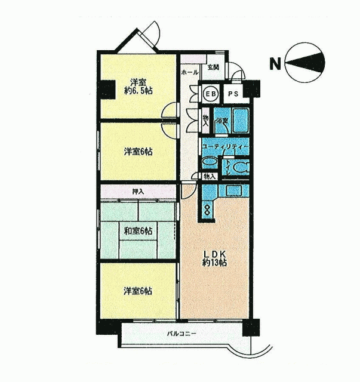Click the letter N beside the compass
[x=275, y=64]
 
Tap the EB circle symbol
[x=211, y=94]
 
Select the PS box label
[x=233, y=94]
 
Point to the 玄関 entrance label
[x=213, y=67]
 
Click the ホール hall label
[x=190, y=72]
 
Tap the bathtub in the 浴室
[x=241, y=121]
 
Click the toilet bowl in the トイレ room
[x=241, y=168]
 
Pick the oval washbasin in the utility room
[x=210, y=162]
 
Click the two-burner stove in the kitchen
[x=207, y=210]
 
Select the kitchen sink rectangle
[x=234, y=190]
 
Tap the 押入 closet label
[x=138, y=192]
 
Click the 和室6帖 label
[x=138, y=230]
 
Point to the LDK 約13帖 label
[x=215, y=258]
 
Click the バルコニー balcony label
[x=181, y=334]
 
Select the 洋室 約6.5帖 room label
[x=139, y=86]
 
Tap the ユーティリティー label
[x=225, y=147]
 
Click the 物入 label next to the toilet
[x=210, y=177]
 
